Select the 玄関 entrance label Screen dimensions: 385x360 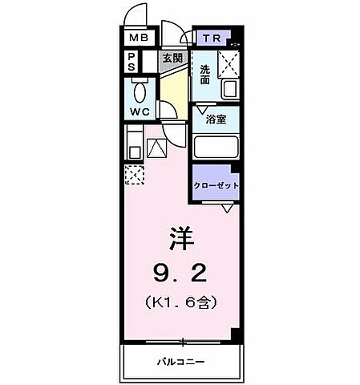pos(172,58)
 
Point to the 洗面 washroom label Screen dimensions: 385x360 pos(207,74)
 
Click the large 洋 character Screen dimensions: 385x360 pos(180,239)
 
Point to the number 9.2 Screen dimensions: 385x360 pos(180,275)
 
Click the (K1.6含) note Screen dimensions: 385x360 pos(181,304)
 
